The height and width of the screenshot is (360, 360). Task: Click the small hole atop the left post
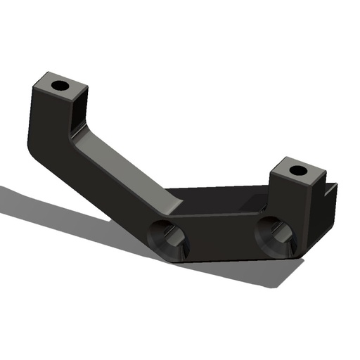point(60,86)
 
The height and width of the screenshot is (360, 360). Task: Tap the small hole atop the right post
point(298,170)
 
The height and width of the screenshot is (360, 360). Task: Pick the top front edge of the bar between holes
point(221,216)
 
